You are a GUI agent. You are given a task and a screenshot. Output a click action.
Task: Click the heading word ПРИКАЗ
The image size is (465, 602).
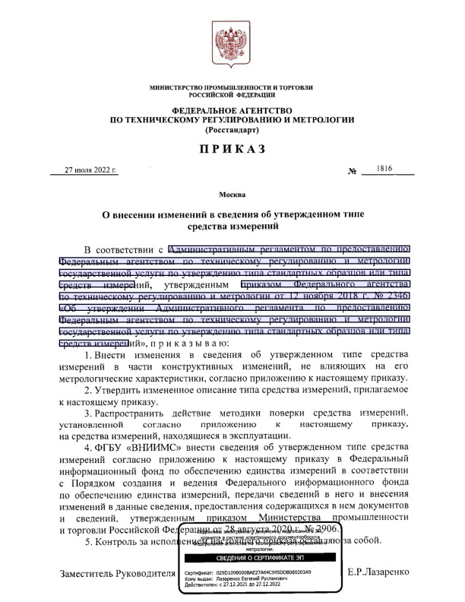pyautogui.click(x=232, y=149)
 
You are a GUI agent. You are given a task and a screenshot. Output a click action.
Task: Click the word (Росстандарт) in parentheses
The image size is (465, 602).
pyautogui.click(x=232, y=130)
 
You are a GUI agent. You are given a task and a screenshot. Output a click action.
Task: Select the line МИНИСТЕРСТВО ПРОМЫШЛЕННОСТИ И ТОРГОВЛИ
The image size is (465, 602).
pyautogui.click(x=232, y=88)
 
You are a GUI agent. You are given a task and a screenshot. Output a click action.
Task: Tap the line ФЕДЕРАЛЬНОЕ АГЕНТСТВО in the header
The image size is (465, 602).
pyautogui.click(x=232, y=110)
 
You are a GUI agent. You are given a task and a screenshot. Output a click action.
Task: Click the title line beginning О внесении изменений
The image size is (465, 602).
pyautogui.click(x=232, y=214)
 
